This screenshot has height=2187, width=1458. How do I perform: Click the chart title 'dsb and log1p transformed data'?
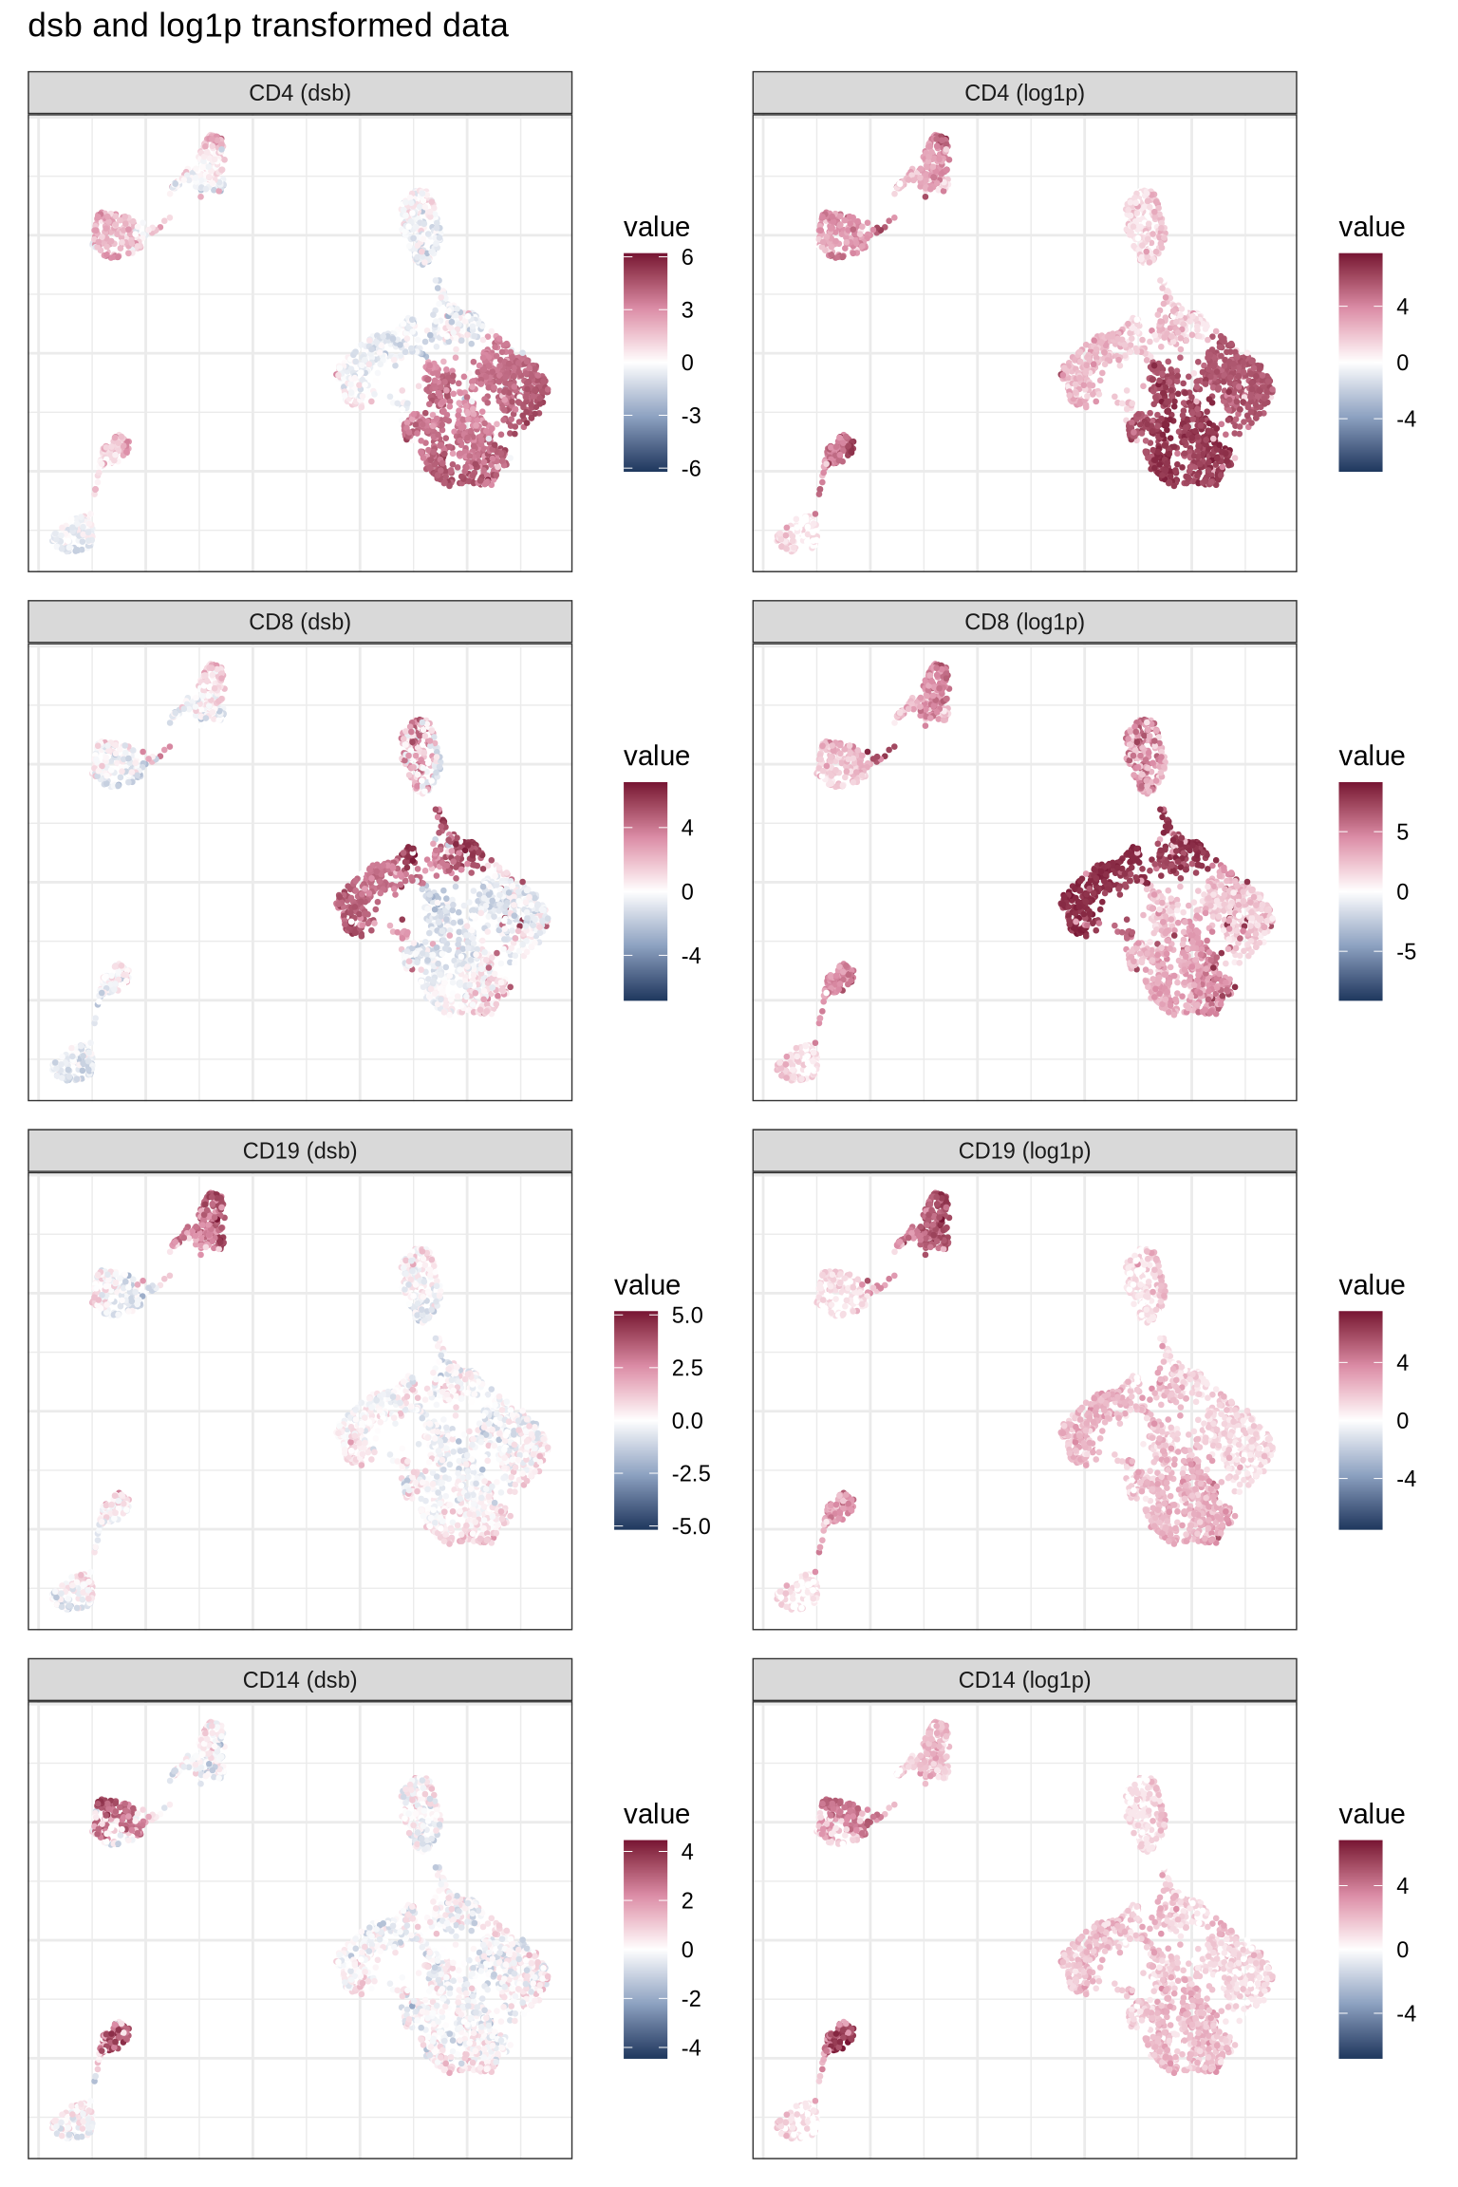(268, 26)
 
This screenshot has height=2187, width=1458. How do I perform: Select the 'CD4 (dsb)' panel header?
(300, 93)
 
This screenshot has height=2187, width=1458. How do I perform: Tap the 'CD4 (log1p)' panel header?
(1024, 93)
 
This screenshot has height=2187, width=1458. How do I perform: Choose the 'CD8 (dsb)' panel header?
(300, 622)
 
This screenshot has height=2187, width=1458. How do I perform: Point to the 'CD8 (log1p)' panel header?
(1024, 622)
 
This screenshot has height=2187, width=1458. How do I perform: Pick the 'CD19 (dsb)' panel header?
(300, 1150)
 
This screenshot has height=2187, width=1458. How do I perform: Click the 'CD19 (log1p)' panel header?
(1024, 1150)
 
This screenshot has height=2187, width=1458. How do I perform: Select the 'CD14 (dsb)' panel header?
(300, 1679)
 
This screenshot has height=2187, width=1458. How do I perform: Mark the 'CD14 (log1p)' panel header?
(1024, 1679)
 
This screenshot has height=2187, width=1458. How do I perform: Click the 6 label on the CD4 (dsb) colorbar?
(687, 257)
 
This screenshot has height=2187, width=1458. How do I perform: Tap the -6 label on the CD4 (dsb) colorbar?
(691, 468)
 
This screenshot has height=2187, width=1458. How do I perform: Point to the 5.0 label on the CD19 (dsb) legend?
(687, 1316)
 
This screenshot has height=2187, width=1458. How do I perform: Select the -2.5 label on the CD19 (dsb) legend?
(691, 1473)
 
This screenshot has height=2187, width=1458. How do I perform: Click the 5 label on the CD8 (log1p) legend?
(1402, 832)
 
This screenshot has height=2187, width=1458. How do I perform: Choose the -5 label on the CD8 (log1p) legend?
(1406, 952)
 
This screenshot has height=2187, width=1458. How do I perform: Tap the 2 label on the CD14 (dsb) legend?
(687, 1900)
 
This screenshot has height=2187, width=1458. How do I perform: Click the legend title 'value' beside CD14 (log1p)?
(1372, 1814)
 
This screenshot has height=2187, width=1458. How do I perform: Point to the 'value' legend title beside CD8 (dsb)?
(656, 756)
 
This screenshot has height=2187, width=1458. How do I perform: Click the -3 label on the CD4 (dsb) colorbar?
(691, 416)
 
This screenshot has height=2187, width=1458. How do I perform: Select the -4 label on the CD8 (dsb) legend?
(691, 956)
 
